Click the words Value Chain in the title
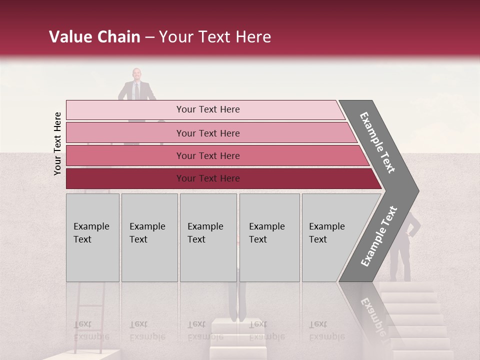[94, 37]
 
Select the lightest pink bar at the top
[125, 110]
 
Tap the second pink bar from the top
[125, 133]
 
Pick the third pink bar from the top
[125, 155]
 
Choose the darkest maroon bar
[125, 178]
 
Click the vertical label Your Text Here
[57, 144]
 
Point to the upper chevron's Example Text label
[378, 142]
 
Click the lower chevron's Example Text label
[379, 236]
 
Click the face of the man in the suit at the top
[136, 74]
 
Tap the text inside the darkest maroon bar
[208, 178]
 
